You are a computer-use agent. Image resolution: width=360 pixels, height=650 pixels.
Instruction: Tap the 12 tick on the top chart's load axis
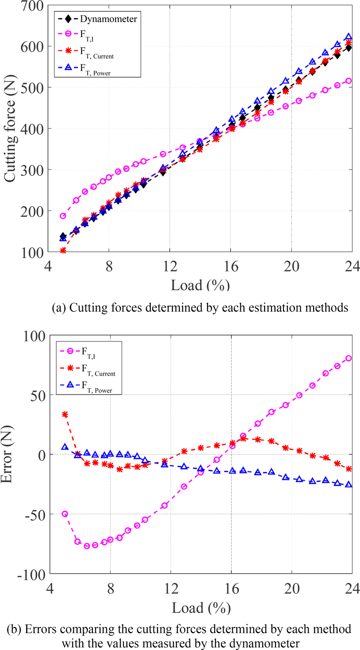(170, 265)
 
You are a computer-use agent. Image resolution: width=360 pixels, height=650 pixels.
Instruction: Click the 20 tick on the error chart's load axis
(292, 587)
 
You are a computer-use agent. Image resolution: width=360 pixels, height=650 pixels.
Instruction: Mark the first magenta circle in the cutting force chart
(63, 216)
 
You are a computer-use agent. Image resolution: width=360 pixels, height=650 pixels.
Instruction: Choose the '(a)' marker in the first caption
(60, 308)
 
